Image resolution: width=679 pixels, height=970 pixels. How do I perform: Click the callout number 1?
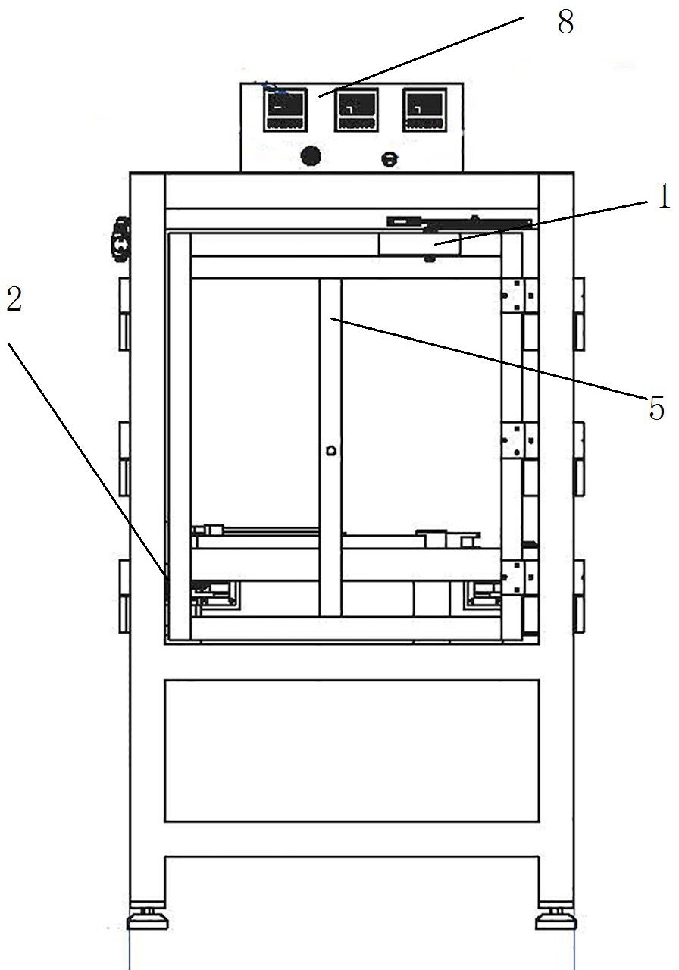(664, 199)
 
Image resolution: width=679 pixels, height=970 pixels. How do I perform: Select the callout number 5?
(656, 409)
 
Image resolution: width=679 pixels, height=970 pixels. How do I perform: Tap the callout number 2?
(14, 301)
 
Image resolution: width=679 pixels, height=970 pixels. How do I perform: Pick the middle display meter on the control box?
(356, 110)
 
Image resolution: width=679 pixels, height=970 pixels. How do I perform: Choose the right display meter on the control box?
(424, 110)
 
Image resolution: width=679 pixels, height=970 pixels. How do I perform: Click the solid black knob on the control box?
(310, 157)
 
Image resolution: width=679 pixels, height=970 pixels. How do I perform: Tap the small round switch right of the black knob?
(389, 159)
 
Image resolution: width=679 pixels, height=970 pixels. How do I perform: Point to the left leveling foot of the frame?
(148, 918)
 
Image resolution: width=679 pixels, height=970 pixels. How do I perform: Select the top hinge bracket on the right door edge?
(520, 295)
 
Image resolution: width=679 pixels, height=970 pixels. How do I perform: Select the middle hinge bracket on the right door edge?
(520, 440)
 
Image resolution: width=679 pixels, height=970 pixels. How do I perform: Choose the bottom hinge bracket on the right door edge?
(520, 577)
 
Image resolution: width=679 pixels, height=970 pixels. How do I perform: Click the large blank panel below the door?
(352, 750)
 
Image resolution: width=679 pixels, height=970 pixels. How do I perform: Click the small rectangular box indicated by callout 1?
(419, 244)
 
